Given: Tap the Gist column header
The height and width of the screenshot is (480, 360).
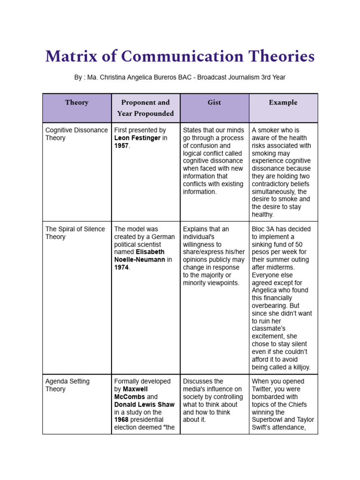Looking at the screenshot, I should click(x=214, y=102).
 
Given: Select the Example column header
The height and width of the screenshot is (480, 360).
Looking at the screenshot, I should click(x=283, y=102).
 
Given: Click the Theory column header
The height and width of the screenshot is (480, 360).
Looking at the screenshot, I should click(x=77, y=102).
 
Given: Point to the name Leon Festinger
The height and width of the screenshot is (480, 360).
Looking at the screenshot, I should click(x=137, y=138).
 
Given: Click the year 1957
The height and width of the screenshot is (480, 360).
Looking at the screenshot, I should click(x=121, y=146).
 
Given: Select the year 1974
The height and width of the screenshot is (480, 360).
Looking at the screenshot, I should click(x=121, y=267).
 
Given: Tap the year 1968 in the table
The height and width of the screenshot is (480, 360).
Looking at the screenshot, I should click(x=121, y=420).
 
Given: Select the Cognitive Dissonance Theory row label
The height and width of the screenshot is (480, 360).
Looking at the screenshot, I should click(x=76, y=134).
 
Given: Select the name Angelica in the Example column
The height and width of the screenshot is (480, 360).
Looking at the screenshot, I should click(x=266, y=290).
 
